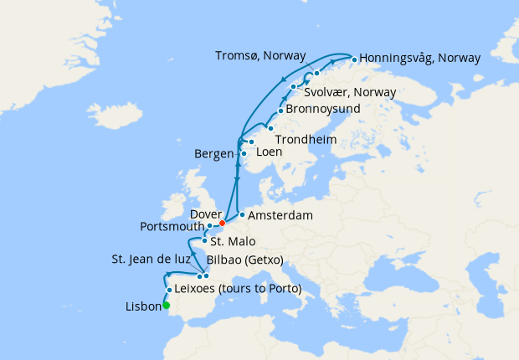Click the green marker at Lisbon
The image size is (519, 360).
pyautogui.click(x=166, y=306)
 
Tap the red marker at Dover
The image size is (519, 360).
pyautogui.click(x=222, y=224)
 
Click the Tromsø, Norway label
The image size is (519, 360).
pyautogui.click(x=265, y=55)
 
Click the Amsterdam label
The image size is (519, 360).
pyautogui.click(x=281, y=215)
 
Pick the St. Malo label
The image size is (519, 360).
pyautogui.click(x=229, y=241)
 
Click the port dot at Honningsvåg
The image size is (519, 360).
pyautogui.click(x=354, y=59)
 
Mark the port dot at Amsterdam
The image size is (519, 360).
pyautogui.click(x=242, y=215)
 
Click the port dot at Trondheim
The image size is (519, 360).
pyautogui.click(x=270, y=127)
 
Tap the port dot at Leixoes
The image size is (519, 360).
pyautogui.click(x=170, y=290)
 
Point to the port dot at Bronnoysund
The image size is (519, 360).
pyautogui.click(x=280, y=111)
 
